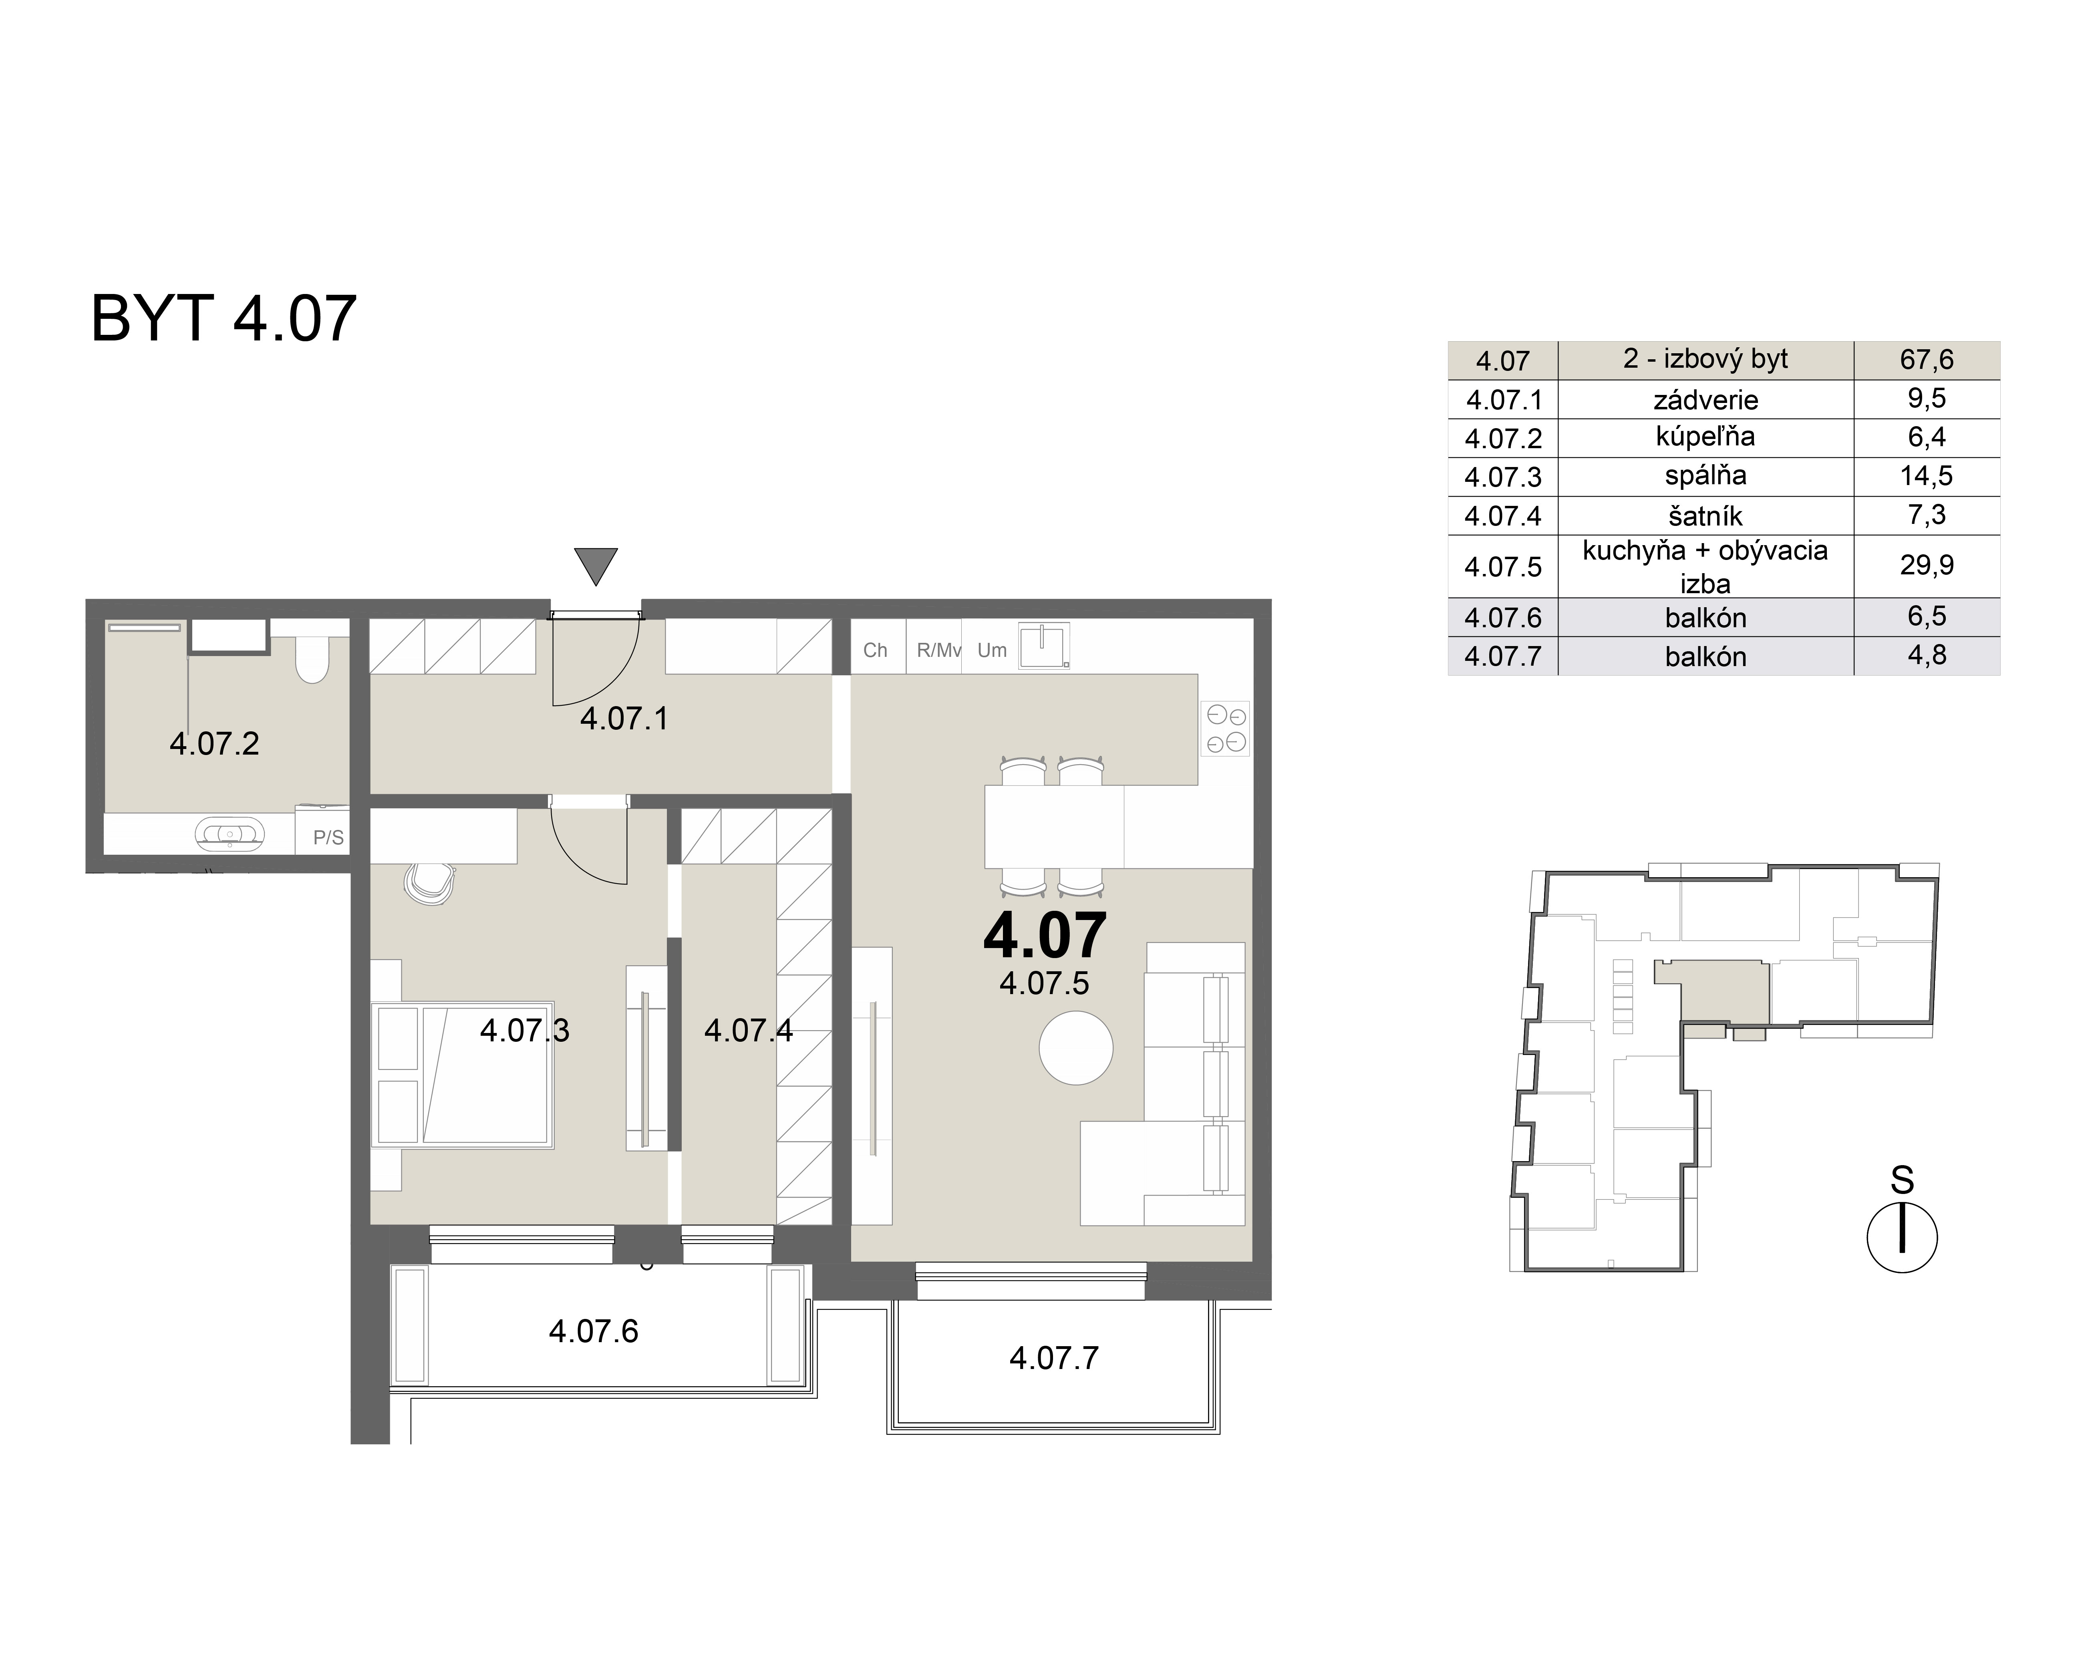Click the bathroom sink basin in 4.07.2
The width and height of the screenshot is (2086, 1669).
coord(229,833)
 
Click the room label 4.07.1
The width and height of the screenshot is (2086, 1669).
coord(624,719)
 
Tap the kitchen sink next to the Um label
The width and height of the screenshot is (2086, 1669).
coord(1044,645)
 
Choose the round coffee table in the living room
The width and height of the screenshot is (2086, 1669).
coord(1076,1048)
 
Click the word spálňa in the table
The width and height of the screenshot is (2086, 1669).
coord(1705,476)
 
